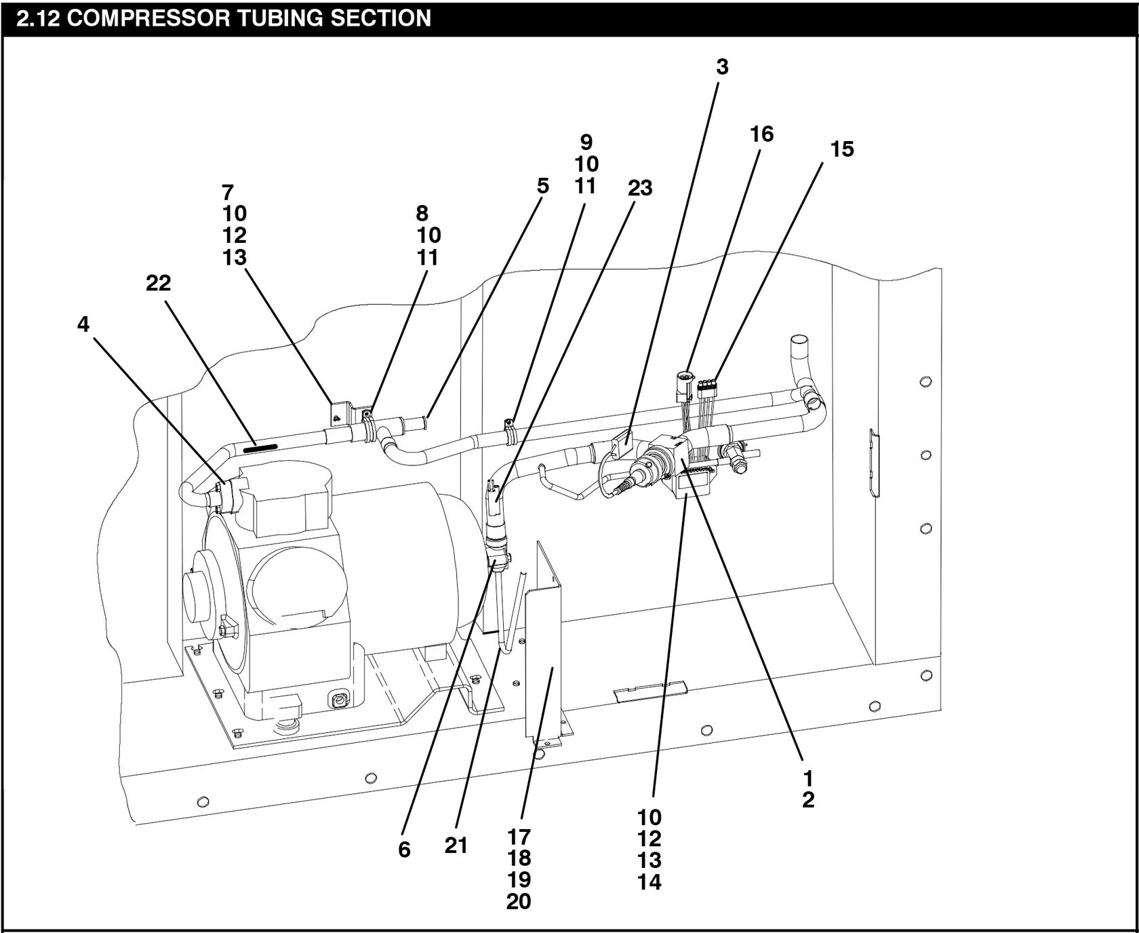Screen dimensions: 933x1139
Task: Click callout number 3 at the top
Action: coord(722,66)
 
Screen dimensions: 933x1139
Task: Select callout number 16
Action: coord(761,134)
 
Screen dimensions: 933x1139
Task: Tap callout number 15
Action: coord(842,149)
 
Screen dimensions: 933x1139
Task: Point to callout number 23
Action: coord(639,187)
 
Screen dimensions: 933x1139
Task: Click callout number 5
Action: coord(542,186)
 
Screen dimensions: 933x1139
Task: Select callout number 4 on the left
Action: coord(83,324)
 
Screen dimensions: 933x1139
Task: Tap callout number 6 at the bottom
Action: coord(404,850)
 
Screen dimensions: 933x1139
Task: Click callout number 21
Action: coord(456,845)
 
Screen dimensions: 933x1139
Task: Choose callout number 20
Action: coord(519,902)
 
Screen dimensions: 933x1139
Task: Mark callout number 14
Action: coord(649,882)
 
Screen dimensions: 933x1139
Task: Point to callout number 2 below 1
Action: coord(807,800)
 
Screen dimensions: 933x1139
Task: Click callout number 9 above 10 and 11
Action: coord(586,142)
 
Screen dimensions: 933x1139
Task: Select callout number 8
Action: coord(422,213)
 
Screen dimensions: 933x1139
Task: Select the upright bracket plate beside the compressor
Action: coord(546,651)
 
